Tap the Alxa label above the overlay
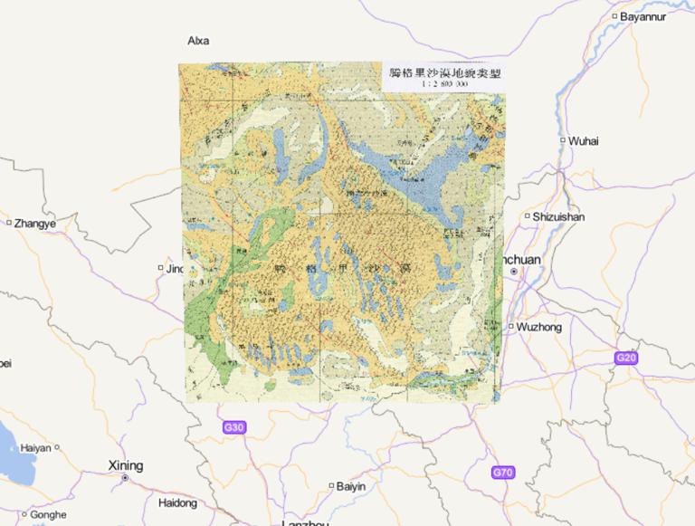(198, 41)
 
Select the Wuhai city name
(584, 140)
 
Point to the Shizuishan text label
(558, 216)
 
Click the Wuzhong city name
(539, 327)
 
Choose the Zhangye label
(34, 224)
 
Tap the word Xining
(126, 465)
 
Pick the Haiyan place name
(36, 447)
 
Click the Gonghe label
(48, 514)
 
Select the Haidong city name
(177, 502)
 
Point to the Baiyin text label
(351, 486)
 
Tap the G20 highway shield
(626, 358)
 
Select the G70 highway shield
(503, 473)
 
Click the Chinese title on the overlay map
(443, 72)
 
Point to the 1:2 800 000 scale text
(443, 83)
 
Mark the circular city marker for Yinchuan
(514, 271)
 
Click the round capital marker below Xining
(126, 477)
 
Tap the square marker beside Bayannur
(614, 16)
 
